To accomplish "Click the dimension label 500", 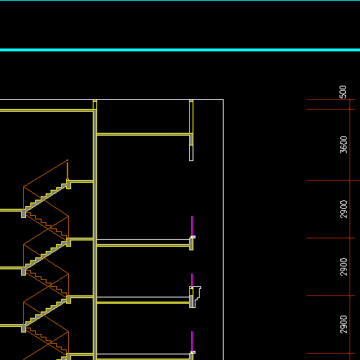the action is tap(343, 92).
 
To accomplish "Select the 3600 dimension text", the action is tap(343, 145).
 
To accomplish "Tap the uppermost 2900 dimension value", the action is tap(343, 209).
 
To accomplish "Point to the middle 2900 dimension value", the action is tap(343, 266).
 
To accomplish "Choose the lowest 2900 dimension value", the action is tap(343, 324).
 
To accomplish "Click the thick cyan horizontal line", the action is tap(180, 50).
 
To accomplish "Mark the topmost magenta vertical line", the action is tap(192, 226).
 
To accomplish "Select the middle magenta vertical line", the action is tap(192, 280).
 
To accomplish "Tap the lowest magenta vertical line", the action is tap(192, 341).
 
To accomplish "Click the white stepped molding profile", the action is tap(198, 297).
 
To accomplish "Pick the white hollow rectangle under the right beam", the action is tap(191, 153).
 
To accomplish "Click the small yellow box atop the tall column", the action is tap(95, 105).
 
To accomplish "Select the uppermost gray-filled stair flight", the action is tap(46, 196).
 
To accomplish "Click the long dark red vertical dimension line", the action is tap(349, 229).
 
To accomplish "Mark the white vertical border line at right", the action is tap(224, 230).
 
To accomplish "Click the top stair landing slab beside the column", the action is tap(82, 181).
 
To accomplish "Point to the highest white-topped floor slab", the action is tap(143, 243).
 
